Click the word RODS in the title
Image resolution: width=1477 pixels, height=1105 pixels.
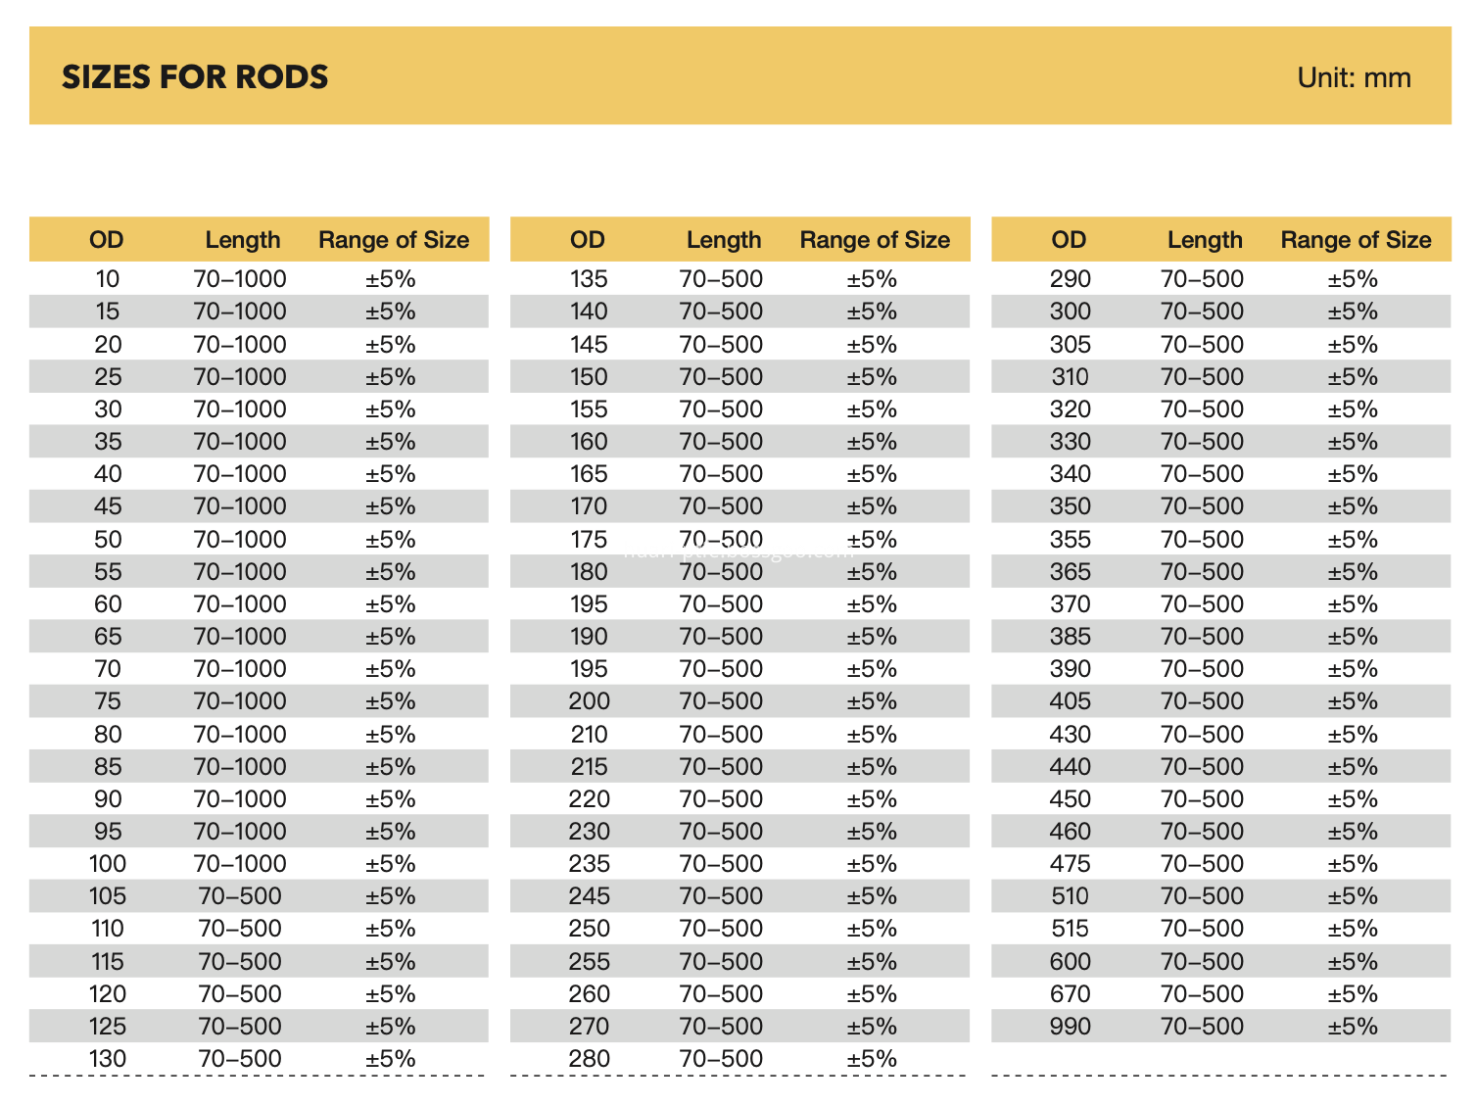281,76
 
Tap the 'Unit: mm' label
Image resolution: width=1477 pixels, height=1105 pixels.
1354,77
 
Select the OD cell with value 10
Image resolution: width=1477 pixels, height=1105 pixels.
107,278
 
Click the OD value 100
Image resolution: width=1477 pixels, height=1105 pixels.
107,863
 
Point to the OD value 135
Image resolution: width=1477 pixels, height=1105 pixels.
588,278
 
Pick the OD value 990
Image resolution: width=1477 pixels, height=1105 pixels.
1070,1027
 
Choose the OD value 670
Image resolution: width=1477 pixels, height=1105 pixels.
1070,994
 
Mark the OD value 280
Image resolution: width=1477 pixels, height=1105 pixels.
589,1059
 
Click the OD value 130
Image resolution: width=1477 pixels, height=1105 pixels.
107,1059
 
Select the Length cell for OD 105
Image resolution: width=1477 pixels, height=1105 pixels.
240,895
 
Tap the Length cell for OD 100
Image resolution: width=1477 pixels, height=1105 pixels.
240,863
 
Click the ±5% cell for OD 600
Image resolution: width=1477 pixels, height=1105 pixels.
1353,962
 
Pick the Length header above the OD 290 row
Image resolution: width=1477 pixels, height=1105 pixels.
1205,240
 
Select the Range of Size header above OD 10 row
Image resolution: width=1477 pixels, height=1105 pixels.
394,240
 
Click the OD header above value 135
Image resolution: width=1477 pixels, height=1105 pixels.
588,240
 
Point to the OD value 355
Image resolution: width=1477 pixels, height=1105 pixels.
1070,539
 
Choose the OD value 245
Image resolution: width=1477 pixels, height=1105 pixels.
589,895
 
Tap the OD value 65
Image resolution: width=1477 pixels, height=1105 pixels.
108,636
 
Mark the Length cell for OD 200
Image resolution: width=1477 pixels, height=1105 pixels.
721,701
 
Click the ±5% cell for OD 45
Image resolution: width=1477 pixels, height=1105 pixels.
390,506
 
